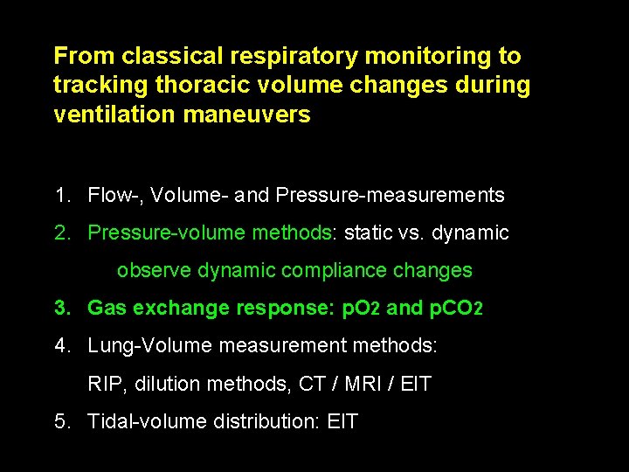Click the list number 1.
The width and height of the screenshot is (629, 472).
[62, 195]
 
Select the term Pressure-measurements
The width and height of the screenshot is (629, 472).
[390, 195]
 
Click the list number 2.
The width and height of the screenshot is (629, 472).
[62, 233]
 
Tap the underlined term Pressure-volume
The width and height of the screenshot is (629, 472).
[167, 233]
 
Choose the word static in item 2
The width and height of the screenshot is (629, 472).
[369, 233]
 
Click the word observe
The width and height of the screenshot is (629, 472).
[155, 271]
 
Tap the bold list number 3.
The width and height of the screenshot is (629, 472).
[62, 309]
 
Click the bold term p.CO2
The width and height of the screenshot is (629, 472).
[457, 309]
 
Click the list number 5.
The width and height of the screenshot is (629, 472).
[62, 422]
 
